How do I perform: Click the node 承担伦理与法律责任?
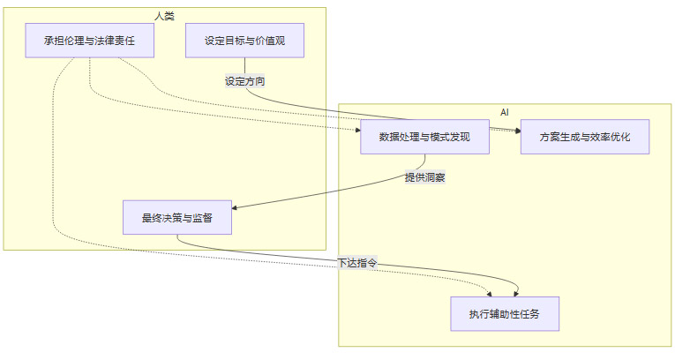(90, 41)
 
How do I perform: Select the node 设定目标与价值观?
(244, 41)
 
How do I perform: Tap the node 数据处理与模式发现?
(424, 137)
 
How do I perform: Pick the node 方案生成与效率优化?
(585, 137)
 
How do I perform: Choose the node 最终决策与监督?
(177, 217)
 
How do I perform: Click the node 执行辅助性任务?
(505, 313)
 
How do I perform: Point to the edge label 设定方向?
(245, 81)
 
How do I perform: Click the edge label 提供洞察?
(424, 177)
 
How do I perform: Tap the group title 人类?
(164, 16)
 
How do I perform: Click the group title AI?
(505, 112)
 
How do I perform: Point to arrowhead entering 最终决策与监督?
(235, 208)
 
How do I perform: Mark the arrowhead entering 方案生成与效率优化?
(517, 131)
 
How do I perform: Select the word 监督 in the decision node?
(201, 217)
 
